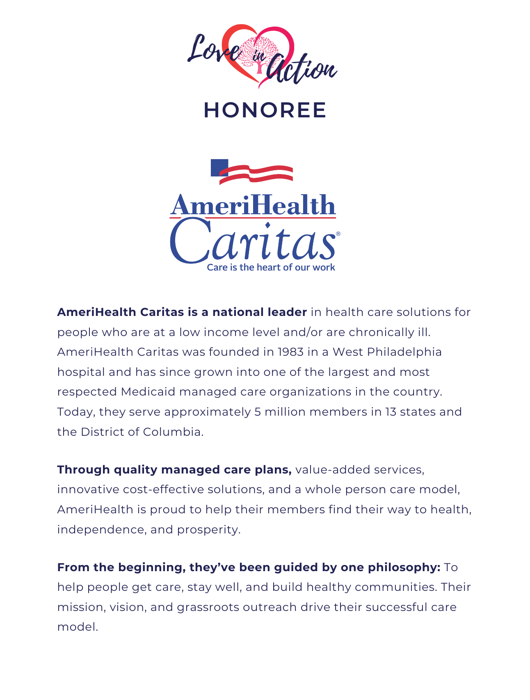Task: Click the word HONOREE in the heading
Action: (x=265, y=110)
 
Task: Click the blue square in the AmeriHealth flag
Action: (x=219, y=167)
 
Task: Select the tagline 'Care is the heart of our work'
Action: (x=271, y=268)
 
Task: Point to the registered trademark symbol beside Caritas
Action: (x=338, y=233)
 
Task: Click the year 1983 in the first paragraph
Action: (x=290, y=352)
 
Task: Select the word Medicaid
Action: (x=148, y=392)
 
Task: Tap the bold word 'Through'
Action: (x=84, y=470)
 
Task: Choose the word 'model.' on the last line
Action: (x=78, y=627)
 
